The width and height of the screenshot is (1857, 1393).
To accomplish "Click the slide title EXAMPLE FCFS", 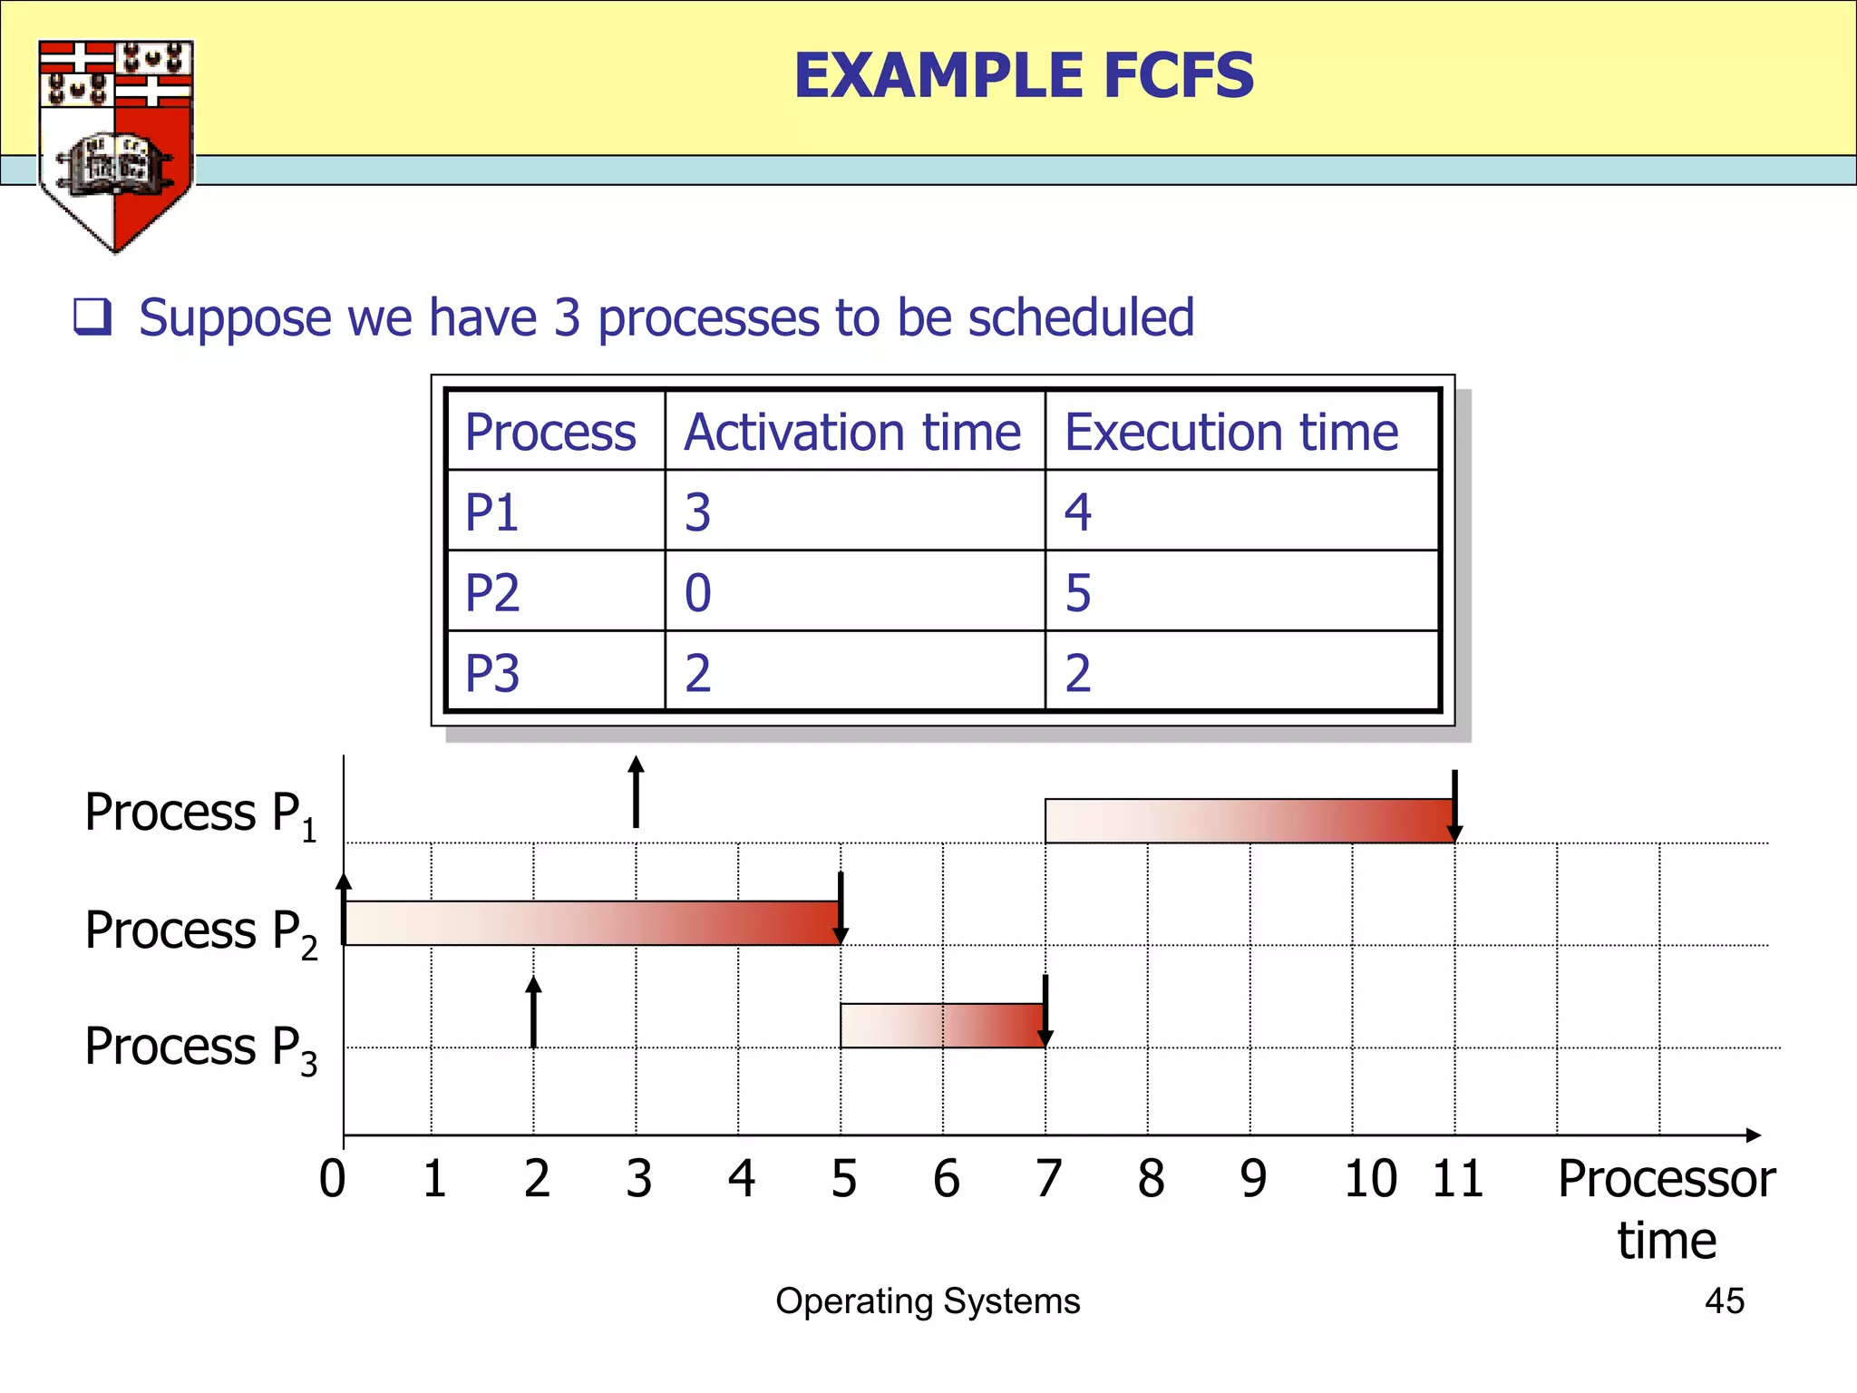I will [1024, 75].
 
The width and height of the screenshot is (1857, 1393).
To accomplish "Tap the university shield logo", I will [115, 145].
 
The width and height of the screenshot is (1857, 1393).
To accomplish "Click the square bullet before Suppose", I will [92, 317].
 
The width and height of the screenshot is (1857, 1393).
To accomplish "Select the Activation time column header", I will [852, 432].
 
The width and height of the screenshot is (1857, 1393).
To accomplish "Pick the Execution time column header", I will [1230, 432].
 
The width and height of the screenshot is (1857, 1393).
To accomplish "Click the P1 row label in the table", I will [491, 512].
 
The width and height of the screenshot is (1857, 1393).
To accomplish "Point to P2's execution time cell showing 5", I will [1078, 593].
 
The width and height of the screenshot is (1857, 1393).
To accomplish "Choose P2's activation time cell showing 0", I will [697, 593].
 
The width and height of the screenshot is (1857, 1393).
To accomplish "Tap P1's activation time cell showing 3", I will [697, 512].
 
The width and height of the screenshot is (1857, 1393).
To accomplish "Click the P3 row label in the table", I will [491, 673].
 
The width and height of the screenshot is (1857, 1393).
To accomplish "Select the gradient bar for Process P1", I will [1249, 821].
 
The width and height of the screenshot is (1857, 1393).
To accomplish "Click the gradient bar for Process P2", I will [592, 923].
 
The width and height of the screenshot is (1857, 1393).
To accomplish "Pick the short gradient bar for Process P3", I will [942, 1026].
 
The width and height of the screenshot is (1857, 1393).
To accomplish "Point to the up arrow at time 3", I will [637, 792].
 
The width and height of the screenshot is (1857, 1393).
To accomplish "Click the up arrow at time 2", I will [534, 1011].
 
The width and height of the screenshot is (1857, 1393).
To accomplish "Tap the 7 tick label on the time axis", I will [1048, 1179].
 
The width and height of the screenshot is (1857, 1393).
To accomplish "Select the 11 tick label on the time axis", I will [1457, 1179].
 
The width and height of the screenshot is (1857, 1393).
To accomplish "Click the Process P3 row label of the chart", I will [200, 1048].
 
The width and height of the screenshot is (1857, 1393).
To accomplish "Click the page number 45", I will [1724, 1300].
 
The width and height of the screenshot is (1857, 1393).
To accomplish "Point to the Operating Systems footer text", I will [928, 1300].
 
